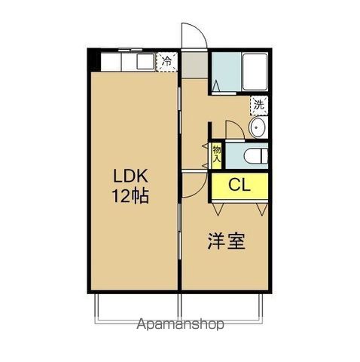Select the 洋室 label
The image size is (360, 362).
tap(225, 241)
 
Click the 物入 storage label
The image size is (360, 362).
tap(216, 154)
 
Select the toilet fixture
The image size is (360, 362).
tap(252, 156)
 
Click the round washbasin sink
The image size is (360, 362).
tap(257, 127)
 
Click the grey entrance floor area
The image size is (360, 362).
tap(193, 63)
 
